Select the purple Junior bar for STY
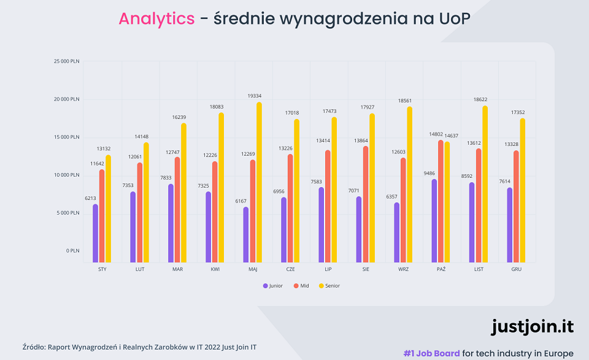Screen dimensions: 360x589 [95, 234]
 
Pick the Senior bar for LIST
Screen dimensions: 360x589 [485, 184]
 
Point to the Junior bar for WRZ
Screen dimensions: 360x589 [397, 232]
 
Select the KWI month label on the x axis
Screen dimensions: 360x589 [215, 269]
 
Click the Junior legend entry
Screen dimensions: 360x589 [272, 286]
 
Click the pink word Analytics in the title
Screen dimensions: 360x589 [156, 19]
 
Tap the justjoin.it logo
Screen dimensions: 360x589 [532, 326]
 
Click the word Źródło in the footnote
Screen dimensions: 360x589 [35, 347]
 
